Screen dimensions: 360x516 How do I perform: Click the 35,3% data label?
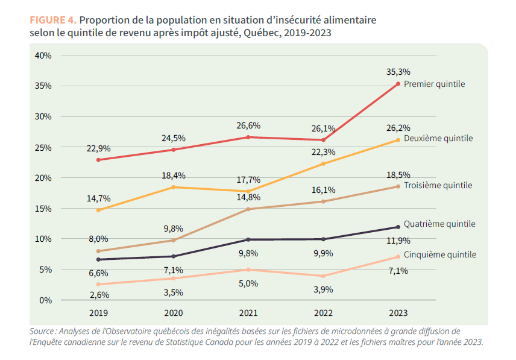[398, 72]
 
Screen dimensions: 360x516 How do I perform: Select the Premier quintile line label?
[434, 84]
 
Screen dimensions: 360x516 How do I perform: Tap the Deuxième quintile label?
[438, 139]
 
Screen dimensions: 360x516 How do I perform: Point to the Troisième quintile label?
[438, 185]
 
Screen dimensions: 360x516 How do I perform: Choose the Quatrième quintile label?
[439, 224]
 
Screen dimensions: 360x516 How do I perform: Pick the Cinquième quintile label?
[439, 254]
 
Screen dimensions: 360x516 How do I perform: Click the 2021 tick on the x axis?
[248, 313]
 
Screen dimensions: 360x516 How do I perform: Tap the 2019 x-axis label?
[98, 313]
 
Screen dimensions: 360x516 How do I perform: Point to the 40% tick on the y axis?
[43, 55]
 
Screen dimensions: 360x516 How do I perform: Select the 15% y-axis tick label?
[43, 209]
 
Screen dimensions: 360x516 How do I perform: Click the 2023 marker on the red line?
[398, 84]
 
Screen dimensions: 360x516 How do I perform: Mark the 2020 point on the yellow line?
[174, 187]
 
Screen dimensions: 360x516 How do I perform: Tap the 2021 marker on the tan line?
[248, 209]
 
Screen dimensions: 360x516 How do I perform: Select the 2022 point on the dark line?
[323, 239]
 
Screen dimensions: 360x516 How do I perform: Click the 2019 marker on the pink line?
[98, 284]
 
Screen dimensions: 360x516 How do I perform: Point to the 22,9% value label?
[98, 149]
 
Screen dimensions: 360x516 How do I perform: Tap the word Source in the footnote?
[42, 331]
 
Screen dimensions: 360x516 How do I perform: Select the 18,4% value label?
[174, 176]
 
